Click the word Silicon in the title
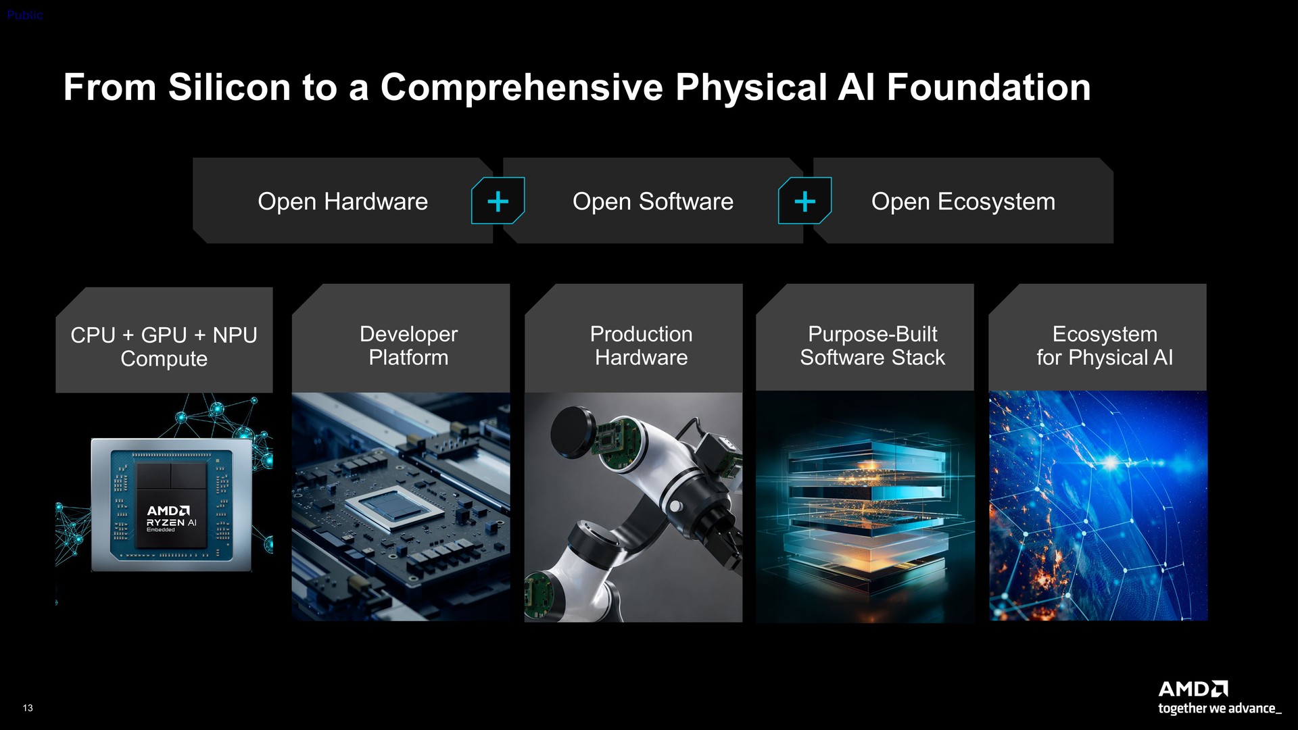(229, 88)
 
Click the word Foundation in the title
(988, 88)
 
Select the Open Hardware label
(343, 201)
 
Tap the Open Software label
(653, 201)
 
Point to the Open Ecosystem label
(963, 201)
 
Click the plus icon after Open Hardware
(498, 201)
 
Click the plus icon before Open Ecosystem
(804, 201)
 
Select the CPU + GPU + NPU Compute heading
(164, 347)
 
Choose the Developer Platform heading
(408, 345)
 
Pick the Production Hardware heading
(641, 345)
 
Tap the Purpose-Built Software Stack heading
(873, 345)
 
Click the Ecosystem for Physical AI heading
(1105, 345)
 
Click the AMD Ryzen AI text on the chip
(171, 518)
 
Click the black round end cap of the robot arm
(572, 432)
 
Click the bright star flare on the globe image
(1111, 463)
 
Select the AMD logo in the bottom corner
(1193, 689)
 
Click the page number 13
(28, 708)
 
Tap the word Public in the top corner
(25, 15)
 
